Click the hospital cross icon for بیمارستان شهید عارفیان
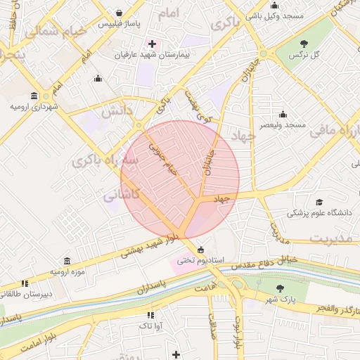coord(152,44)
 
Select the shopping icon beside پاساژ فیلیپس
coord(119,13)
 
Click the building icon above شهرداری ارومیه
coord(34,96)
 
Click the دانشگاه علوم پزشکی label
coord(321,212)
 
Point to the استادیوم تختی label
coord(200,260)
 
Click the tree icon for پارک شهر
coord(280,289)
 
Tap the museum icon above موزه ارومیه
coord(67,261)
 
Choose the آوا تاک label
coord(150,326)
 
